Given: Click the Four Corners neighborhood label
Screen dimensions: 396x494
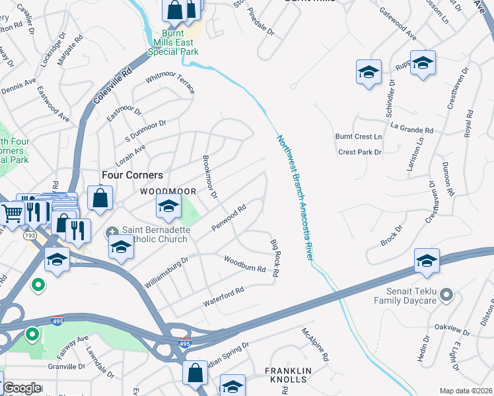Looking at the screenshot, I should pos(132,175).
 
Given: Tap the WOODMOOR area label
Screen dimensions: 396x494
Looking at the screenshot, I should pos(168,191).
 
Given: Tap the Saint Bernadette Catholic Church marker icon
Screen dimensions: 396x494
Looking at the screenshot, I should pos(112,232).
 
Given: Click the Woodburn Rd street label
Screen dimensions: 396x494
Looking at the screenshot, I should pos(244,265).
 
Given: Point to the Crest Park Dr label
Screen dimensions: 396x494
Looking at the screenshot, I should pos(360,152).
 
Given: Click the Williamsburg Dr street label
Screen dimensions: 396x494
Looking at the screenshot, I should pos(166,273).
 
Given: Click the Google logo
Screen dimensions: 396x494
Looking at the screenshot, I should pos(21,388).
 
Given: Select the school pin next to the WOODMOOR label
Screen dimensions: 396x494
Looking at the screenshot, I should pos(168,208).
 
